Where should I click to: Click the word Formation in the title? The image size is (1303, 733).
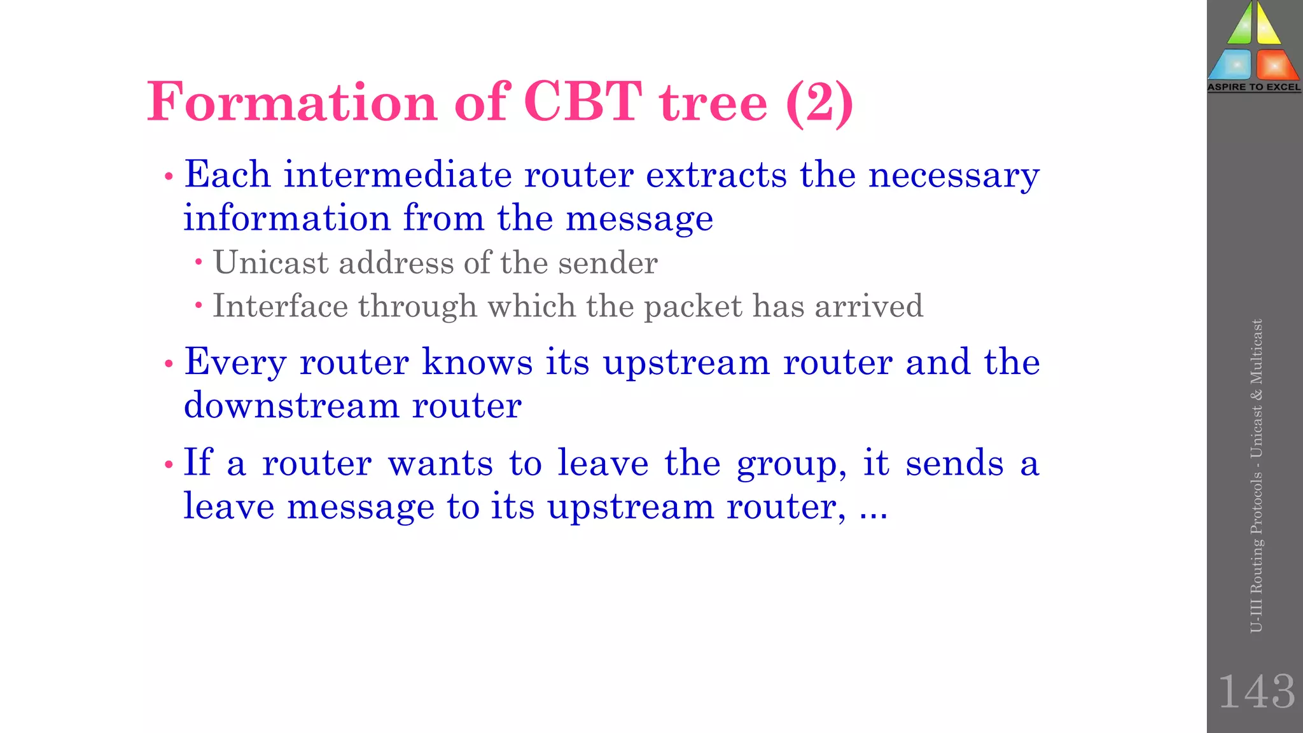click(291, 102)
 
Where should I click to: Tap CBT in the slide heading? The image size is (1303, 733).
click(582, 102)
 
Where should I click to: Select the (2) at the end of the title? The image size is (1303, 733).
click(819, 102)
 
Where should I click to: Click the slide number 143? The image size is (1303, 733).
click(1256, 692)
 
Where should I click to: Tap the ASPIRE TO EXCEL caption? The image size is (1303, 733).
click(1254, 87)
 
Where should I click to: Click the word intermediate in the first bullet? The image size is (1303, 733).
click(398, 175)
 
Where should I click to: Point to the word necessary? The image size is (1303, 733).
click(954, 175)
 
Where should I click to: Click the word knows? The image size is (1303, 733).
click(477, 363)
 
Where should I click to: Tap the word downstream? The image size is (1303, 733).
click(291, 405)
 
